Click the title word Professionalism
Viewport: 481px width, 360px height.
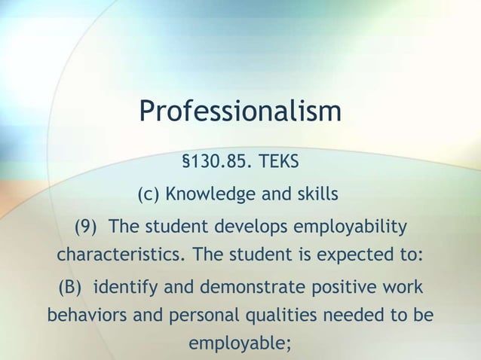pyautogui.click(x=240, y=113)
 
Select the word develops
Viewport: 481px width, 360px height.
pyautogui.click(x=253, y=227)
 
